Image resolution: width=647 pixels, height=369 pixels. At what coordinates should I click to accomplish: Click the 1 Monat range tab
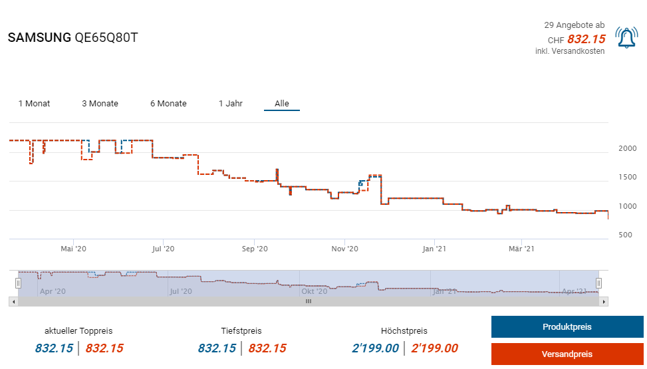[x=34, y=104]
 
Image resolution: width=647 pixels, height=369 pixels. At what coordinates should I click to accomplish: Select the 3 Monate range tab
[x=100, y=104]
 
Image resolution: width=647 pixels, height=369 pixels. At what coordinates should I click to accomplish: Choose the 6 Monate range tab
[x=168, y=104]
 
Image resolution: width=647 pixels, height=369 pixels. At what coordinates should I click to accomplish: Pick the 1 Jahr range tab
[x=231, y=104]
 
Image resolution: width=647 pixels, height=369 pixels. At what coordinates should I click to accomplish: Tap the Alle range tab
[x=282, y=104]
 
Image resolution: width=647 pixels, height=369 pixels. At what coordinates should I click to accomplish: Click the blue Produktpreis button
[x=567, y=327]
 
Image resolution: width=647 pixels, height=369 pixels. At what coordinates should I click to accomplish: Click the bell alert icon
[x=626, y=38]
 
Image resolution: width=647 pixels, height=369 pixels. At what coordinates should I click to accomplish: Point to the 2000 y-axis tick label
[x=628, y=148]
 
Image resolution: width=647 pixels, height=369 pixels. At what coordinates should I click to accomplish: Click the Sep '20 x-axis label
[x=255, y=249]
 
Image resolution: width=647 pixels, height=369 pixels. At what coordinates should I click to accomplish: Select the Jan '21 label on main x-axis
[x=435, y=249]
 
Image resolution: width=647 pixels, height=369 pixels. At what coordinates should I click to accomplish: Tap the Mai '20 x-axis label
[x=73, y=249]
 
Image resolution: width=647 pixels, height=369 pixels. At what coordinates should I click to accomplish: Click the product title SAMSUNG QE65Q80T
[x=72, y=38]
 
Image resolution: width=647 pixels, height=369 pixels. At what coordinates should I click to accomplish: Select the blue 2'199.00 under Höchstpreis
[x=375, y=348]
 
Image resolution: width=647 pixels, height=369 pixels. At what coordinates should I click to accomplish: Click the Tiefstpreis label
[x=241, y=330]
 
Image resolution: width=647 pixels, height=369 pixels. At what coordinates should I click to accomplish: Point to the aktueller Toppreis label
[x=78, y=330]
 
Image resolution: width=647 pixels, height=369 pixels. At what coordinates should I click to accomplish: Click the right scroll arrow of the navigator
[x=604, y=301]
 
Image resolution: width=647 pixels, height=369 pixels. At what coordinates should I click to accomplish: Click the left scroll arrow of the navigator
[x=13, y=301]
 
